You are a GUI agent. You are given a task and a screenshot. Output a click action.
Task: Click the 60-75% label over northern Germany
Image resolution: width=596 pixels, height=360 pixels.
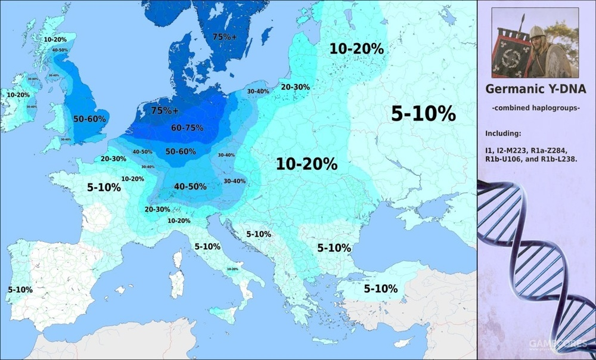[x=187, y=128]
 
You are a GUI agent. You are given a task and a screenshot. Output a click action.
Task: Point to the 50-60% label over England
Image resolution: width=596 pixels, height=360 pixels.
[x=89, y=119]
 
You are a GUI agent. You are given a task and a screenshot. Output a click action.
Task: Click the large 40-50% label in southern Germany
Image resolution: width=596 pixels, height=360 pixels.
[x=190, y=186]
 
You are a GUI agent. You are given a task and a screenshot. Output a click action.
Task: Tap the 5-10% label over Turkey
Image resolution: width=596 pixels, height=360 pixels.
[x=380, y=288]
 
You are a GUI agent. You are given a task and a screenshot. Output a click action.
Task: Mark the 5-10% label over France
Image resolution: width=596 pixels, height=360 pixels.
[x=104, y=187]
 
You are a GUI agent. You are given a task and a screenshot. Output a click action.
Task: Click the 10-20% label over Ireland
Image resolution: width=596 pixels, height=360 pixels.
[x=18, y=95]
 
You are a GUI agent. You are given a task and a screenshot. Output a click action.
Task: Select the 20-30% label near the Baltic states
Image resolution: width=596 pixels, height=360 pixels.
[x=295, y=87]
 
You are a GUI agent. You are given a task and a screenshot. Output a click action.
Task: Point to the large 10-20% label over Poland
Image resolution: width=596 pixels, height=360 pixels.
[x=306, y=164]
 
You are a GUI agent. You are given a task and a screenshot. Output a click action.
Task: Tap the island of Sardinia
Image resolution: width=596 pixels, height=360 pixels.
[x=176, y=282]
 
